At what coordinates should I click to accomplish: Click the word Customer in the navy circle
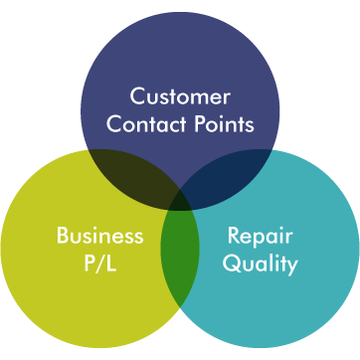180,98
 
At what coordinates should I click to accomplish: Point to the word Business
99,237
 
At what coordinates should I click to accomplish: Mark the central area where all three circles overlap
180,203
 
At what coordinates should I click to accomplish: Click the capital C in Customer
138,98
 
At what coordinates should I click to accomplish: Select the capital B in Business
62,237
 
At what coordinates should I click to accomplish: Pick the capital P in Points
196,125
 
